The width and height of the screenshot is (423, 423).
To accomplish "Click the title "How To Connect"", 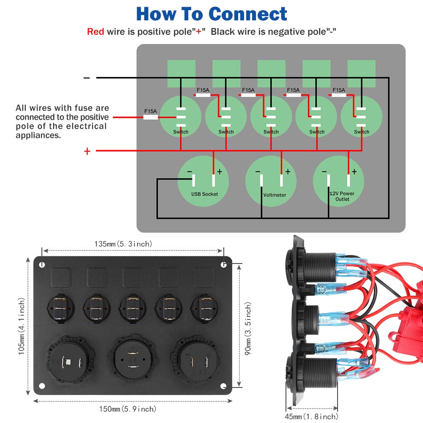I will point(212,14).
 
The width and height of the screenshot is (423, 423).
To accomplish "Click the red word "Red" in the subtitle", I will point(96,31).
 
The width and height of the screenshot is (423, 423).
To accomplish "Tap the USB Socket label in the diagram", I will point(204,194).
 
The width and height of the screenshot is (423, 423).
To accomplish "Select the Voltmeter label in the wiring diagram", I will point(275,195).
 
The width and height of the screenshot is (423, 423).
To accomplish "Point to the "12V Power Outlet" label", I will point(342,196).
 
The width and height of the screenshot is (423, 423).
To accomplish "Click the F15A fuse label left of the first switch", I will point(151,111).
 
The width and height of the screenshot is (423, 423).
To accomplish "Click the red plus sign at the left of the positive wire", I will point(87,151).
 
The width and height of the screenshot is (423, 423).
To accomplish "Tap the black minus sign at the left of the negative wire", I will point(87,78).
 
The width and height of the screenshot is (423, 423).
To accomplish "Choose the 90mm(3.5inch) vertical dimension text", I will point(248,325).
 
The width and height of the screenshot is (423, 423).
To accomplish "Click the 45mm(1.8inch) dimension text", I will point(312,417).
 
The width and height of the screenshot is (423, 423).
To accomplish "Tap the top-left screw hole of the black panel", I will point(42,264).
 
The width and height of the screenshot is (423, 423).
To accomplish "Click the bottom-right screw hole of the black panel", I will point(224,386).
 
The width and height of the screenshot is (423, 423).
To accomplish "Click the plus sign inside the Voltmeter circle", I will point(288,172).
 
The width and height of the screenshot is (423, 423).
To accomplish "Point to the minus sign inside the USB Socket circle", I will point(189,172).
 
